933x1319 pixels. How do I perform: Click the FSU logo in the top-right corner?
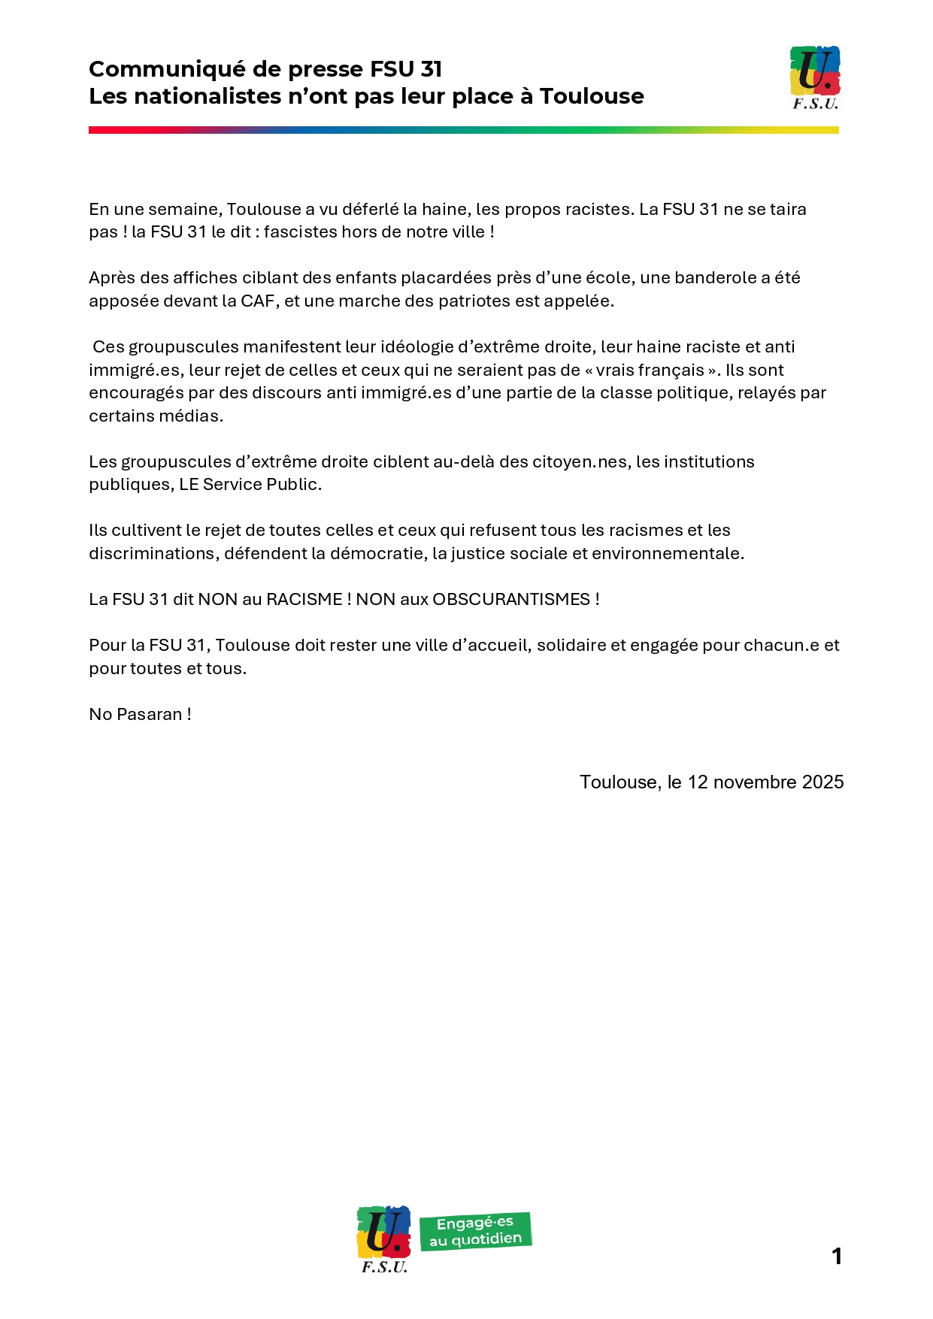[x=815, y=77]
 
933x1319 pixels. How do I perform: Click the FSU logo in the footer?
[x=383, y=1239]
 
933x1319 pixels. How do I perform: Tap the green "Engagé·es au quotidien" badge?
[x=475, y=1231]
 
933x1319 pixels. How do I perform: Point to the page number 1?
[x=837, y=1256]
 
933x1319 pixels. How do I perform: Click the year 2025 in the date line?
[x=822, y=782]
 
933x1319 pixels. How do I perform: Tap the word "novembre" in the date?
[x=755, y=782]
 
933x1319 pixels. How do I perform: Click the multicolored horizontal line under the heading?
[x=463, y=130]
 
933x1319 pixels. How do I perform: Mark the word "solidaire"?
[x=569, y=645]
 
